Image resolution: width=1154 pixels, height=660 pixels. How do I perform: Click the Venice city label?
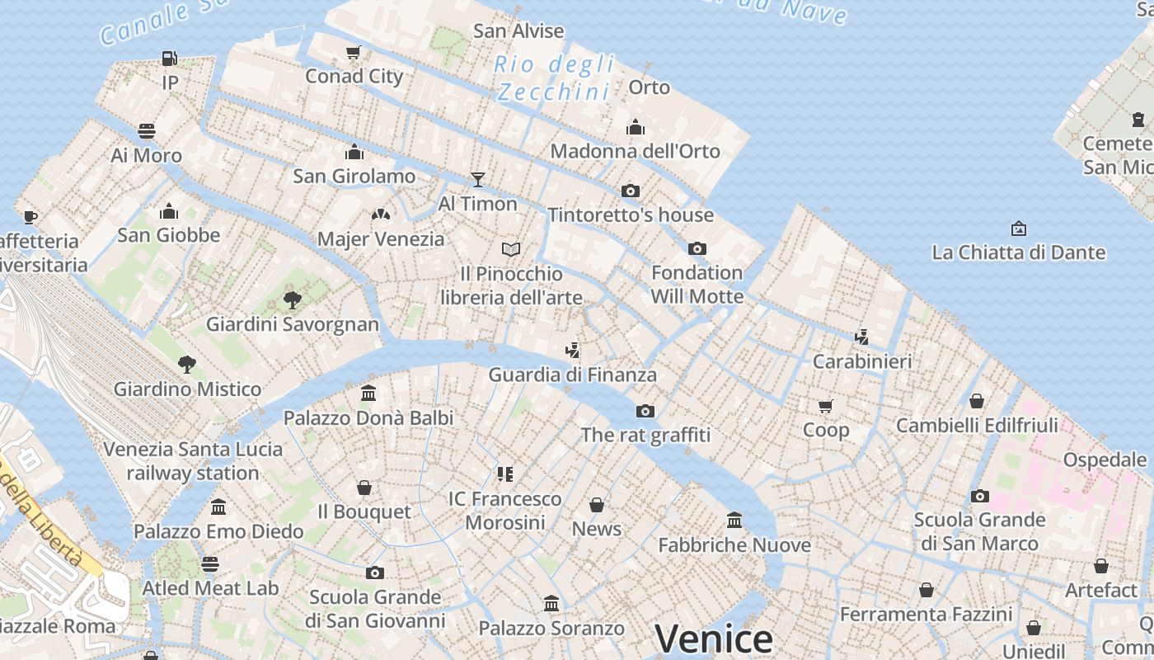pos(713,639)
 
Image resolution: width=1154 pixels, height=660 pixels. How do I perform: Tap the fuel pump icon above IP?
pos(169,59)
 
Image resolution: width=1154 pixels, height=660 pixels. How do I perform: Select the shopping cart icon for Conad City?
pos(354,53)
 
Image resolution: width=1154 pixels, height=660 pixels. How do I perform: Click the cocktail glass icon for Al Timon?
pos(477,179)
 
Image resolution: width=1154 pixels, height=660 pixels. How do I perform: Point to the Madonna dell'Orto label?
pos(635,151)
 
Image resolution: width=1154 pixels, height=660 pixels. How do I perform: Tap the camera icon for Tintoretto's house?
pos(631,191)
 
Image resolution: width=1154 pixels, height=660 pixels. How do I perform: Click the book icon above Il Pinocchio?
pos(511,249)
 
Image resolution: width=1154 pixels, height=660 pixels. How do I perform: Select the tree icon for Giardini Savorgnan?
pos(292,299)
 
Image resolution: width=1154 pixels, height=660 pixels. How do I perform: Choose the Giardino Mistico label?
pos(187,389)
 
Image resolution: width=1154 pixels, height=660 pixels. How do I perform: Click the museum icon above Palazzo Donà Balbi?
pos(368,394)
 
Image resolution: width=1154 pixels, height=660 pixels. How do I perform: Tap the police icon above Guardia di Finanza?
pos(573,351)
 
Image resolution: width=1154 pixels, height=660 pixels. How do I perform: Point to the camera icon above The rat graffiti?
pos(645,411)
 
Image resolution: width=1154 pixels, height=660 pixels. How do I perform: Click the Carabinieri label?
pos(862,361)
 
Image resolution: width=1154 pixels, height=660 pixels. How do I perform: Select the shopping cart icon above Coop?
pos(826,406)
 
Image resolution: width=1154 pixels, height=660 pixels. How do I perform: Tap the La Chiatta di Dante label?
pos(1018,252)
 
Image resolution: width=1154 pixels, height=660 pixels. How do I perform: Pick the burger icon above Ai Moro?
pos(147,131)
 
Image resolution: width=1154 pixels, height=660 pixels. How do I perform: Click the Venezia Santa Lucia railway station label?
pos(193,461)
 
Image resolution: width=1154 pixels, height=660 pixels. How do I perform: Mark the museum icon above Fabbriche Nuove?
pos(734,521)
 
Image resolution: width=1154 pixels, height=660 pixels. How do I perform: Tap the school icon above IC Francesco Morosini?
pos(505,474)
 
